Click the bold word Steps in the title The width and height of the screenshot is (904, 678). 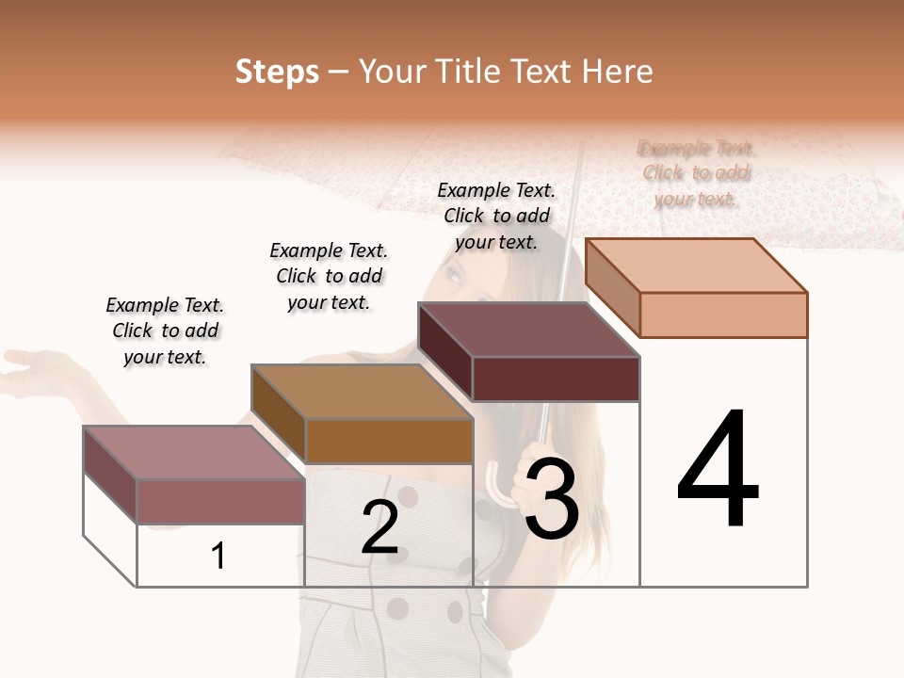click(x=277, y=72)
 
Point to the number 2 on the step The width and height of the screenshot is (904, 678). click(x=379, y=527)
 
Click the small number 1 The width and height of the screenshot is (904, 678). click(x=218, y=556)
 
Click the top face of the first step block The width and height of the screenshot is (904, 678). click(x=194, y=452)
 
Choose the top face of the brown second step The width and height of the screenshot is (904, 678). click(x=362, y=392)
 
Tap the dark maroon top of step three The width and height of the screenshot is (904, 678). click(x=528, y=330)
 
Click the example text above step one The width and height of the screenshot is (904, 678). click(x=165, y=331)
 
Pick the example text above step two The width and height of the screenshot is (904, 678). click(x=329, y=276)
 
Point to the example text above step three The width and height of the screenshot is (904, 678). click(x=496, y=216)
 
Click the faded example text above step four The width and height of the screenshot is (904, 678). click(x=696, y=173)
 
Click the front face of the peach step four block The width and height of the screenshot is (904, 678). click(x=723, y=315)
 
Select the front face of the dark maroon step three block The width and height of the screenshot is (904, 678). click(x=556, y=379)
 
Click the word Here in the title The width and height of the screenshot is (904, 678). click(x=617, y=72)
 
